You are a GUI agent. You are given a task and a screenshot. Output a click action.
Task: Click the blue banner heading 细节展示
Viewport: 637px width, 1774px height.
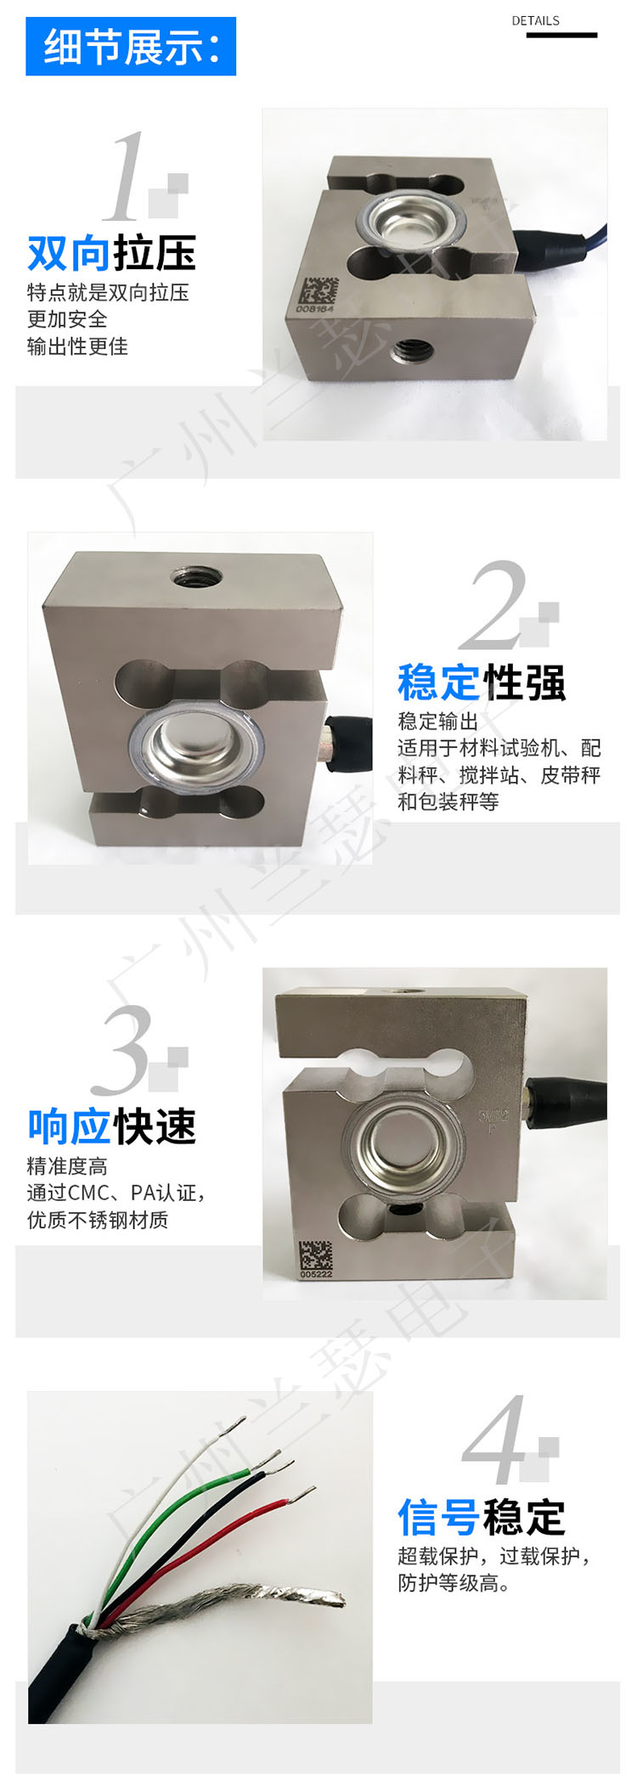(x=131, y=47)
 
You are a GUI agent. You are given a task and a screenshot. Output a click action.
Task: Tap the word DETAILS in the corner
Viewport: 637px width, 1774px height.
(x=535, y=20)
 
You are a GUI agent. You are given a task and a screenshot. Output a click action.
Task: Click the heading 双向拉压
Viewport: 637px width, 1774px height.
(x=112, y=253)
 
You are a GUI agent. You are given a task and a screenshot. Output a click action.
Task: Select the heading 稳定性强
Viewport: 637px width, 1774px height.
(x=482, y=682)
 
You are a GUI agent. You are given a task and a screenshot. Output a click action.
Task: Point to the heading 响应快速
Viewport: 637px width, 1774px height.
(x=112, y=1126)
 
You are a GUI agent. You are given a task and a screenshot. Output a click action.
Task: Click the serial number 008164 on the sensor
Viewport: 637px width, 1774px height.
(x=316, y=310)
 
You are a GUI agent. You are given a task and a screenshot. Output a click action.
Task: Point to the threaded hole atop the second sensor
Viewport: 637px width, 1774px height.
(x=197, y=577)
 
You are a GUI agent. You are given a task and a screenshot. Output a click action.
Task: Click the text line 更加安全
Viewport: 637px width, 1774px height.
(x=68, y=319)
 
